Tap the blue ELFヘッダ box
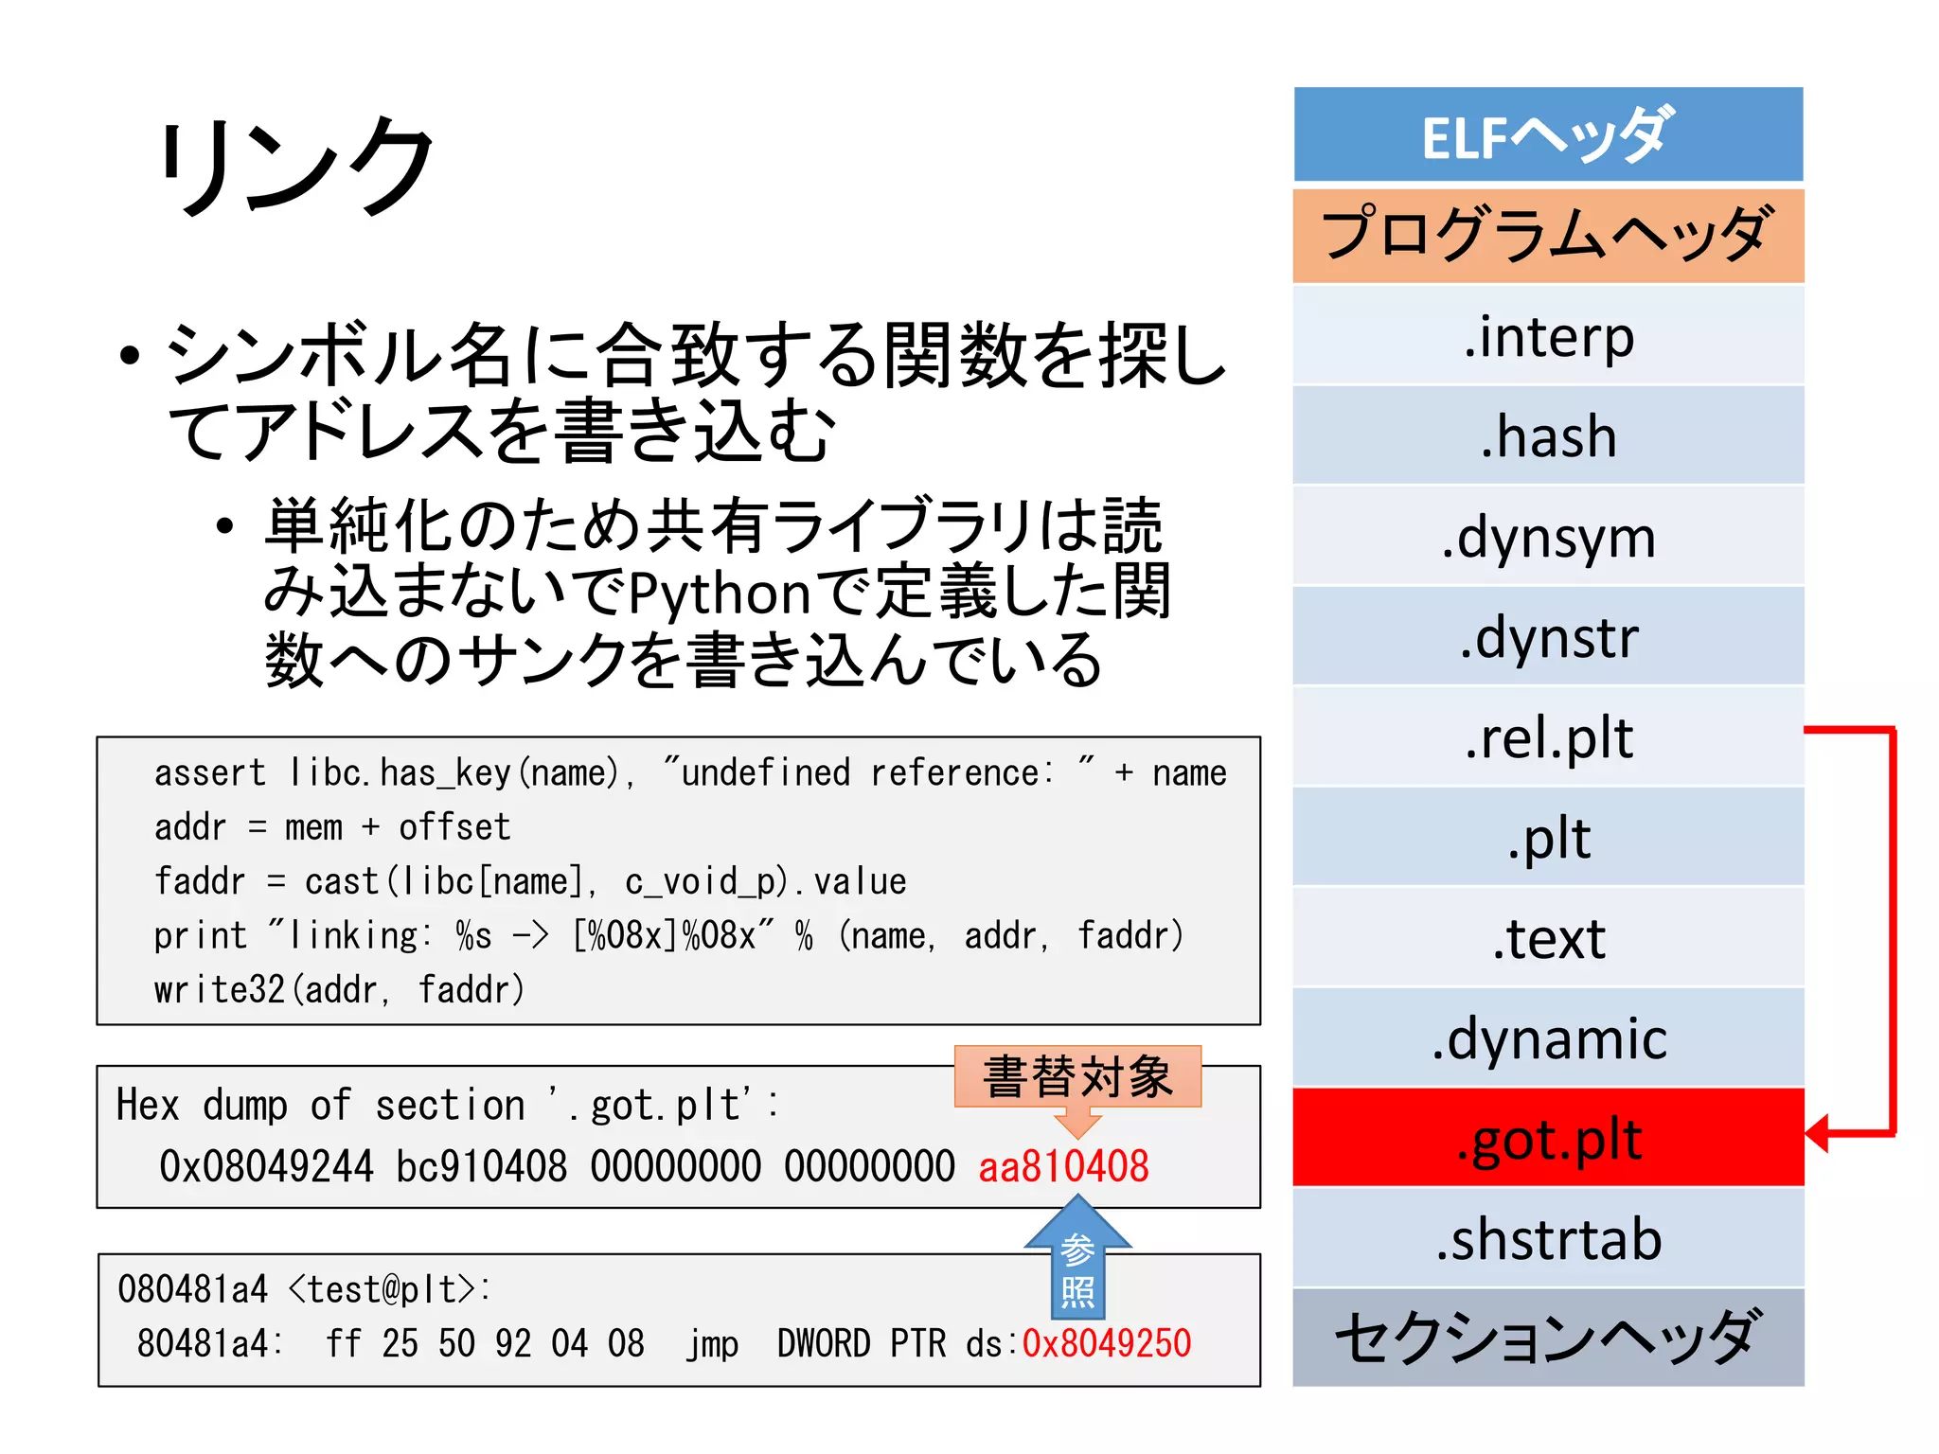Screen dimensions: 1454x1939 click(x=1547, y=135)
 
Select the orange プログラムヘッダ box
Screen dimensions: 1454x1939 click(x=1547, y=236)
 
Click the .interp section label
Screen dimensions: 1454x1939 click(x=1547, y=336)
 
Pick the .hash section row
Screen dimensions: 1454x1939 click(x=1547, y=436)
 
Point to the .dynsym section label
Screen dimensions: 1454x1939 click(x=1547, y=538)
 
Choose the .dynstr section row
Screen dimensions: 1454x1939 click(x=1547, y=637)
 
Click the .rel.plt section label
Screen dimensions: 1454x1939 click(x=1547, y=737)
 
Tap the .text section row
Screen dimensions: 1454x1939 click(x=1547, y=938)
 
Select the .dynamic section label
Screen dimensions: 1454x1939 click(x=1547, y=1038)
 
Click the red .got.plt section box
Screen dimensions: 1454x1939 click(x=1547, y=1139)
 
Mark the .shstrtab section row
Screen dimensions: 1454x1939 click(x=1547, y=1239)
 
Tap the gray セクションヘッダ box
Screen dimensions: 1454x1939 click(x=1547, y=1338)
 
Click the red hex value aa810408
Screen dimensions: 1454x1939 click(x=1062, y=1166)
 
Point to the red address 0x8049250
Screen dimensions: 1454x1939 click(x=1106, y=1343)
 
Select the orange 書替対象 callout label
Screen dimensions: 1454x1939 click(x=1077, y=1077)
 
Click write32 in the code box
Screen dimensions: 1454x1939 click(x=219, y=990)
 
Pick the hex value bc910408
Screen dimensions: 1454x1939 click(x=481, y=1166)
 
